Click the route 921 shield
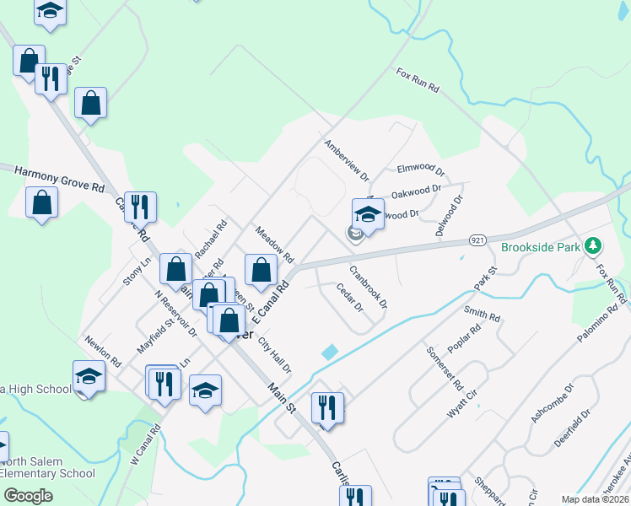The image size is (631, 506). (x=477, y=241)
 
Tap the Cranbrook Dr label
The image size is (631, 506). (x=368, y=287)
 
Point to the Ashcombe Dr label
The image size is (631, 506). (x=553, y=402)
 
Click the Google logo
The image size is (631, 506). (x=29, y=496)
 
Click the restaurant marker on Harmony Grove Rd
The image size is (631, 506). (x=140, y=206)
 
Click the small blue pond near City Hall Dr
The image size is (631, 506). (x=330, y=352)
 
